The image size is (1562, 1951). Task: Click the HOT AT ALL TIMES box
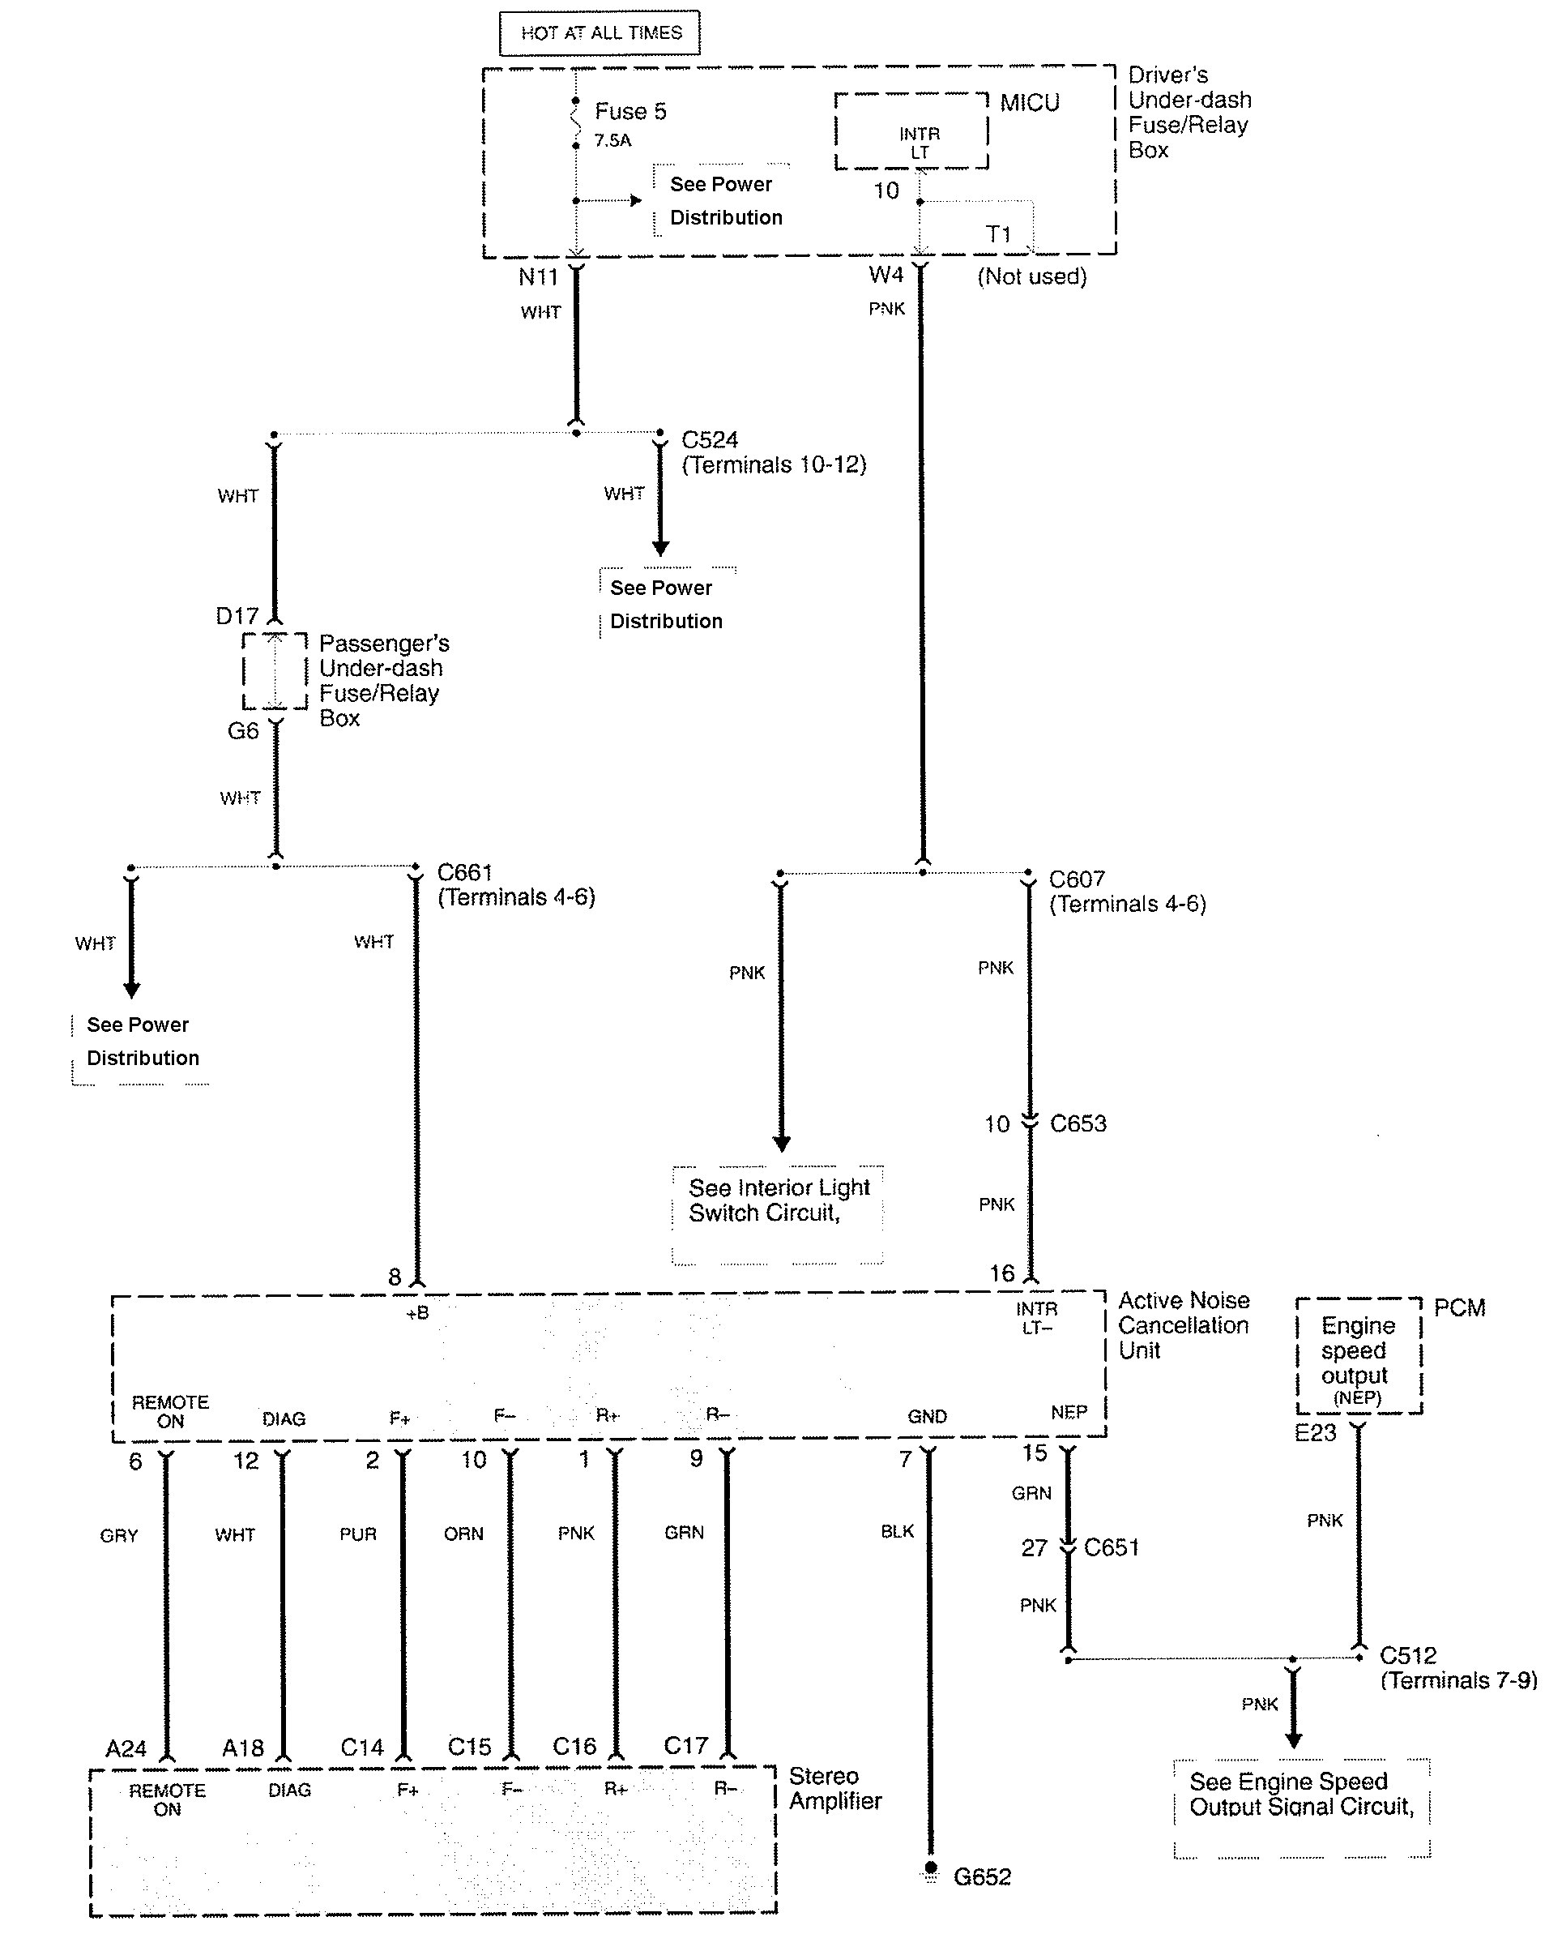pyautogui.click(x=600, y=33)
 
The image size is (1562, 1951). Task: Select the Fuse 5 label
pyautogui.click(x=629, y=111)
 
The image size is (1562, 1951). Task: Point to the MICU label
pyautogui.click(x=1029, y=102)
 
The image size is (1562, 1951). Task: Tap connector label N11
pyautogui.click(x=537, y=277)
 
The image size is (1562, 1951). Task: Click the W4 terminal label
pyautogui.click(x=886, y=274)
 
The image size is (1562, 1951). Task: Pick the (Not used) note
pyautogui.click(x=1031, y=276)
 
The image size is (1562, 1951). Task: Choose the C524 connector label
pyautogui.click(x=709, y=440)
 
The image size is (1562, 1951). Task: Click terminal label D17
pyautogui.click(x=237, y=616)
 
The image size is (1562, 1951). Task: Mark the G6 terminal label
pyautogui.click(x=242, y=730)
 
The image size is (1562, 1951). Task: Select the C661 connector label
pyautogui.click(x=465, y=872)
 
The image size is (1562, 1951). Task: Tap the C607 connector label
pyautogui.click(x=1077, y=879)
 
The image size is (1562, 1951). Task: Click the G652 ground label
pyautogui.click(x=982, y=1876)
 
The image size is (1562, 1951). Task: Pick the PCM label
pyautogui.click(x=1459, y=1307)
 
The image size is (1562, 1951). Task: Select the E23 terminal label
pyautogui.click(x=1315, y=1432)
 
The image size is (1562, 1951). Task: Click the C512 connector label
pyautogui.click(x=1407, y=1655)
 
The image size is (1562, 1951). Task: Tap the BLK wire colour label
pyautogui.click(x=897, y=1531)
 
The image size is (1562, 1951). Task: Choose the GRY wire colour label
pyautogui.click(x=118, y=1536)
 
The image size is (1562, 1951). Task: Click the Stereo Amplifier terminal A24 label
pyautogui.click(x=126, y=1748)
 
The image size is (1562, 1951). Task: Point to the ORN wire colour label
pyautogui.click(x=463, y=1534)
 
